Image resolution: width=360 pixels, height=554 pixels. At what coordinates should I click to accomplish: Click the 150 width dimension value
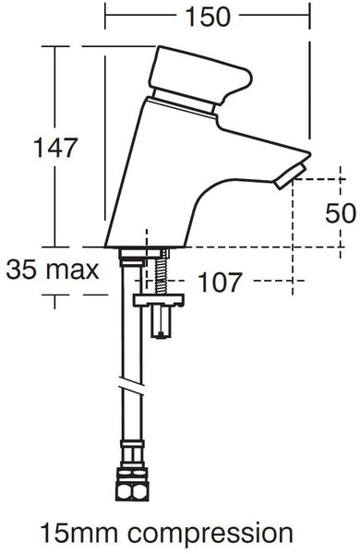coord(208,17)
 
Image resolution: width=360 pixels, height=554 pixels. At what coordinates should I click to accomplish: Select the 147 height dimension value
coord(55,148)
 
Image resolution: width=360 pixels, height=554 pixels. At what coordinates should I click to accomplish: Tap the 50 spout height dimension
coord(341,213)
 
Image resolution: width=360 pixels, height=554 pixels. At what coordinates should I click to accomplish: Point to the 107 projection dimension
coord(220,282)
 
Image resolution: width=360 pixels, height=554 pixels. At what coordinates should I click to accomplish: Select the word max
coord(73,271)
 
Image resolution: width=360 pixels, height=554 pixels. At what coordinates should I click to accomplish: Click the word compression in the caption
coord(210,535)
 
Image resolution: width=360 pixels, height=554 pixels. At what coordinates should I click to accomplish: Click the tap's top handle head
coord(200,75)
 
